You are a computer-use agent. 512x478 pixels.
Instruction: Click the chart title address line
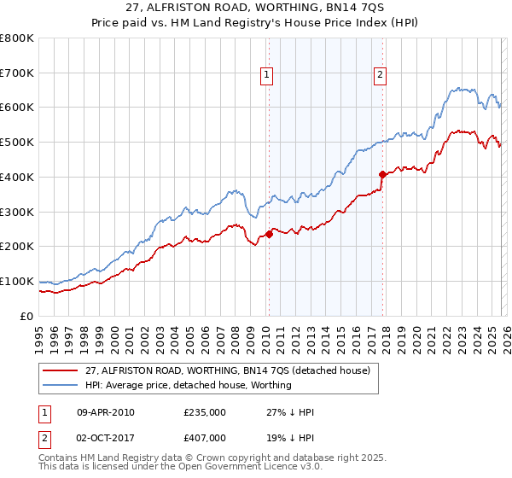(x=255, y=9)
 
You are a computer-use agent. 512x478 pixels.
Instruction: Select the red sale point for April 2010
(x=269, y=233)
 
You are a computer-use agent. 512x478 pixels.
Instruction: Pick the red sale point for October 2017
(x=381, y=174)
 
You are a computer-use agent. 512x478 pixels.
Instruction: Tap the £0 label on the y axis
(x=27, y=316)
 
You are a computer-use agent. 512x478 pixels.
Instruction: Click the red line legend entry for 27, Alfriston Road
(x=227, y=371)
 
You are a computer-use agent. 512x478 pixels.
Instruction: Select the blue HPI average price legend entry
(x=188, y=385)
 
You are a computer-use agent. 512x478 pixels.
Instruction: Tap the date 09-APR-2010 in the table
(x=106, y=412)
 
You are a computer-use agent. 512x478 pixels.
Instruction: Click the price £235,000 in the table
(x=204, y=412)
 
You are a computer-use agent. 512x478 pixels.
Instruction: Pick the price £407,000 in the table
(x=204, y=438)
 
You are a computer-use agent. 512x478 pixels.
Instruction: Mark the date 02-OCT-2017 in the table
(x=106, y=438)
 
